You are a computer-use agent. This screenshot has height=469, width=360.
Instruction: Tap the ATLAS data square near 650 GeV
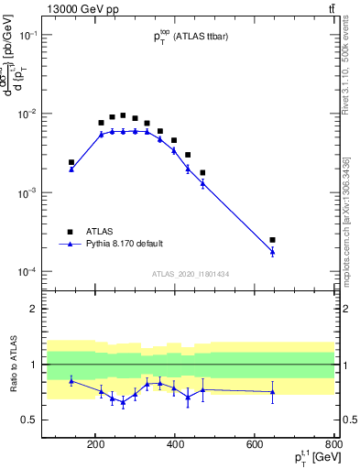(272, 240)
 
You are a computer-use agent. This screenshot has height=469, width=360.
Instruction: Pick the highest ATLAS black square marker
(123, 115)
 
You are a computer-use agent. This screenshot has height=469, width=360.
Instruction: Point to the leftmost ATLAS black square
(71, 162)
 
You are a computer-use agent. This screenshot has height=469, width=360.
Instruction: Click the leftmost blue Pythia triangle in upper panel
(71, 169)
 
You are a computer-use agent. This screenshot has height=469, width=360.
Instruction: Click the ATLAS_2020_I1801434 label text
(190, 274)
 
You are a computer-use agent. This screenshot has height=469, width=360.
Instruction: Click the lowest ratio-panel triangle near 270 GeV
(123, 402)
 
